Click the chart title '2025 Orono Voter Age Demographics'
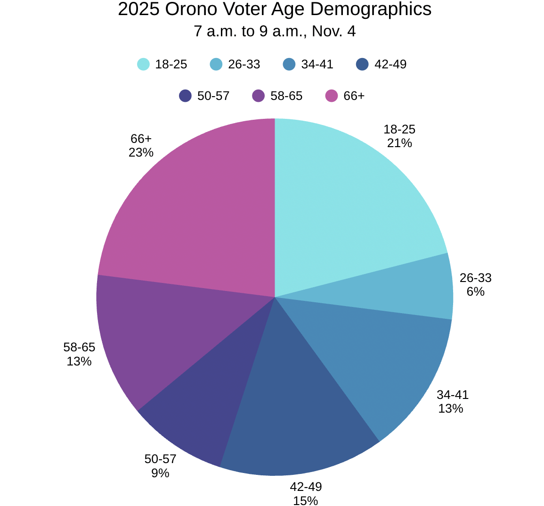275,9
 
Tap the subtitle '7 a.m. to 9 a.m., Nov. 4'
275,32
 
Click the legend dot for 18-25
144,64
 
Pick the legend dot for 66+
332,96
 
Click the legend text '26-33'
244,64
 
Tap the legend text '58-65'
286,96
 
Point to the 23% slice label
141,153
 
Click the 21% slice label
399,143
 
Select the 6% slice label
476,291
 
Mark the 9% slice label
160,473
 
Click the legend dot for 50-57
186,96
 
